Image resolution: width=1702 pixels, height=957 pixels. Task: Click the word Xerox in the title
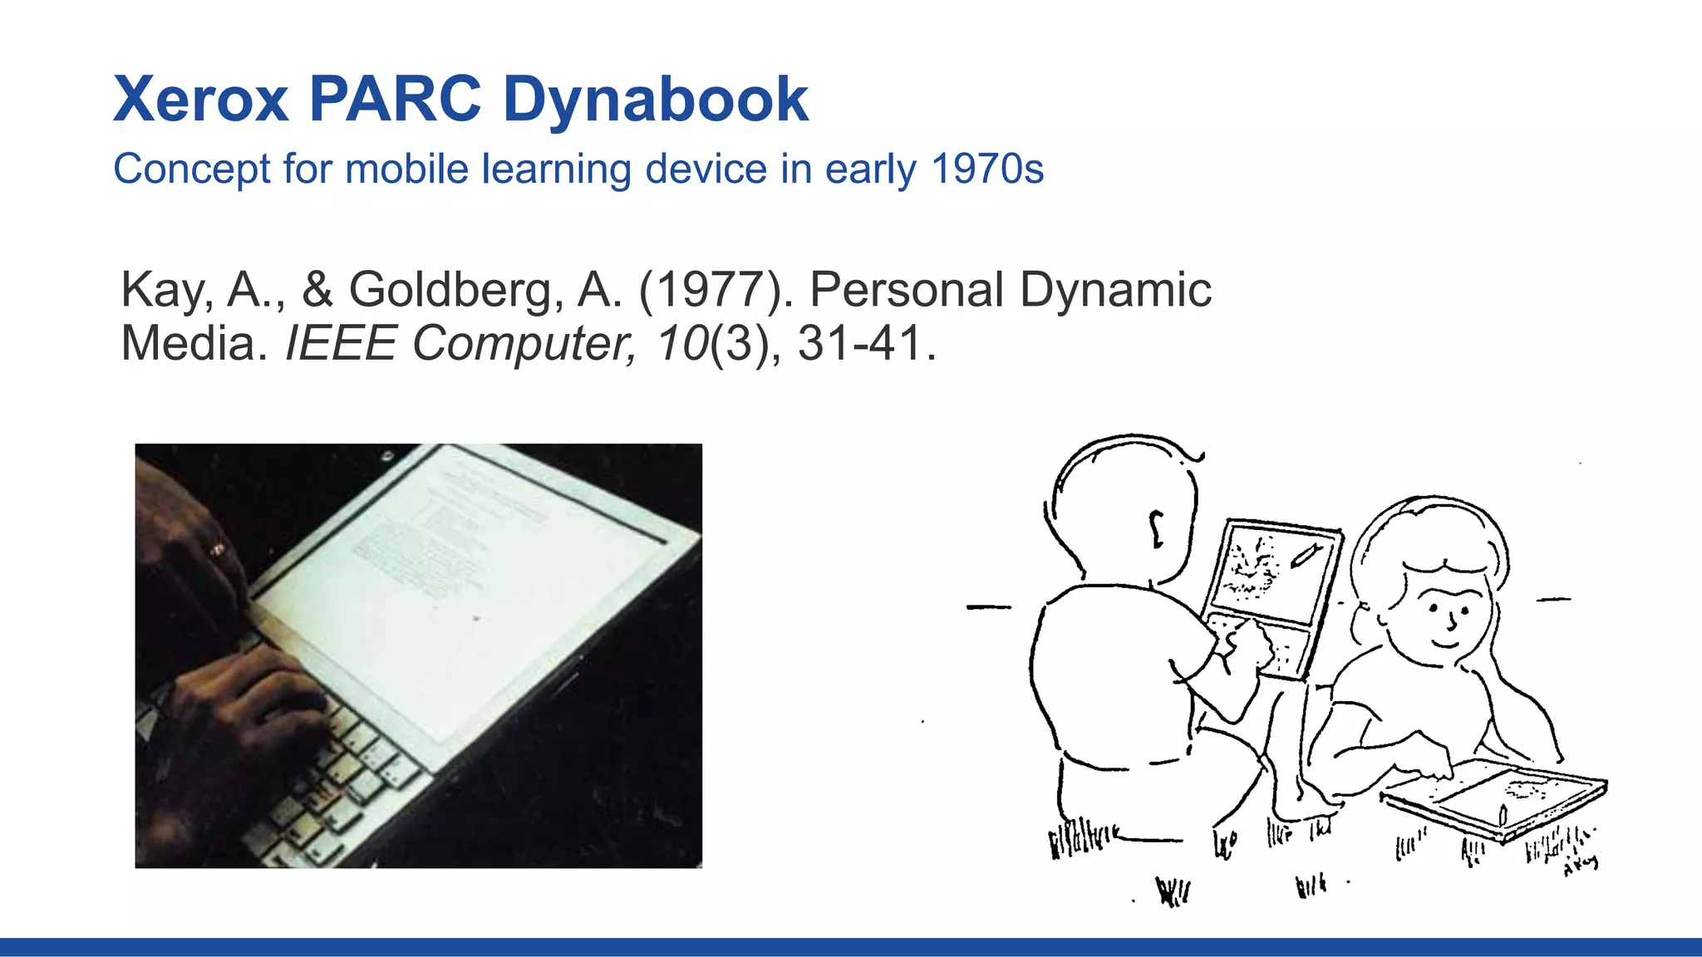click(x=201, y=100)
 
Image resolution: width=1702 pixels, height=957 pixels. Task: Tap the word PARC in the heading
click(x=395, y=100)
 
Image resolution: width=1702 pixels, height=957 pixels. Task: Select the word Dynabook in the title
click(x=655, y=100)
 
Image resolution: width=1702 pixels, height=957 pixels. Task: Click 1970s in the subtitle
click(x=987, y=169)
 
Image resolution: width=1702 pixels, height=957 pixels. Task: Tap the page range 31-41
click(x=861, y=343)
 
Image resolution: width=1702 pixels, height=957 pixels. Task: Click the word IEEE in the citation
click(x=341, y=343)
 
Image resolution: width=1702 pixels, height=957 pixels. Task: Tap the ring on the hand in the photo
click(x=217, y=549)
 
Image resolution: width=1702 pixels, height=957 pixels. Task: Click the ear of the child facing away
click(x=1156, y=528)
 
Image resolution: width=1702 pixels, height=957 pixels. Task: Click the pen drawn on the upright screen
click(x=1304, y=555)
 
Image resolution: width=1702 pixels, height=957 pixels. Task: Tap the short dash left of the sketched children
click(x=989, y=607)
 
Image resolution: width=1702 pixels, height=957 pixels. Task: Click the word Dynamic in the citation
click(x=1115, y=290)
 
